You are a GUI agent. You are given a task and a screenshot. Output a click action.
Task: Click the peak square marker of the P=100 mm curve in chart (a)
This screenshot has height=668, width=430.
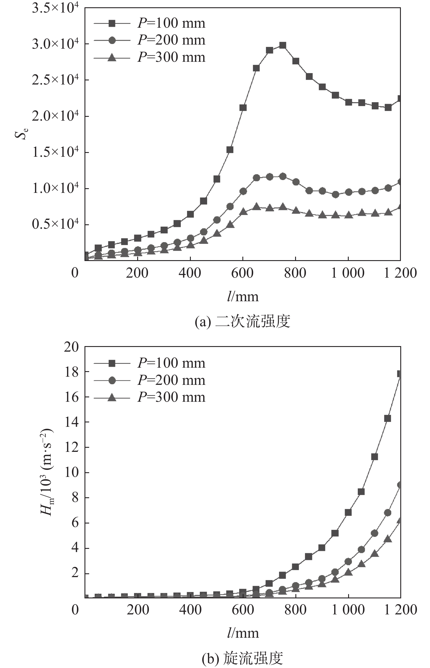coord(283,45)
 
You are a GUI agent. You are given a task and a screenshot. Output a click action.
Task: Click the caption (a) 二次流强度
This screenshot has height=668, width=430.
coord(242,322)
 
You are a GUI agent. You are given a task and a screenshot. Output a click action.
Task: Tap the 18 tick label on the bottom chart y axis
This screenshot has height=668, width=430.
coord(72,372)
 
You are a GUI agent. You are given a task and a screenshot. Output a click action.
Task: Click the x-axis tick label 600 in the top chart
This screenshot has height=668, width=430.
coord(242,273)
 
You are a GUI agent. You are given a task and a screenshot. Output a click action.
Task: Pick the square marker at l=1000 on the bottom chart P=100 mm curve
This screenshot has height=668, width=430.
coord(348,512)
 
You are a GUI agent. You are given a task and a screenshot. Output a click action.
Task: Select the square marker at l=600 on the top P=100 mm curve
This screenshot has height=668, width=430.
coord(243,108)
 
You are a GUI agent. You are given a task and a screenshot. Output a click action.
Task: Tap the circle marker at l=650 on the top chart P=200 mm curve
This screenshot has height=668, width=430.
coord(256,178)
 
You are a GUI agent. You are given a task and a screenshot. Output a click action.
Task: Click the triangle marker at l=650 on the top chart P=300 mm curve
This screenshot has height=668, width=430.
coord(256,207)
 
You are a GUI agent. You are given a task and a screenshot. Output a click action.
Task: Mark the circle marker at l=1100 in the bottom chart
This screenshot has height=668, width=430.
coord(375,533)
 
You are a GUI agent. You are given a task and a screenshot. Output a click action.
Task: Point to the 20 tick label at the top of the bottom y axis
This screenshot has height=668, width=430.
coord(72,347)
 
